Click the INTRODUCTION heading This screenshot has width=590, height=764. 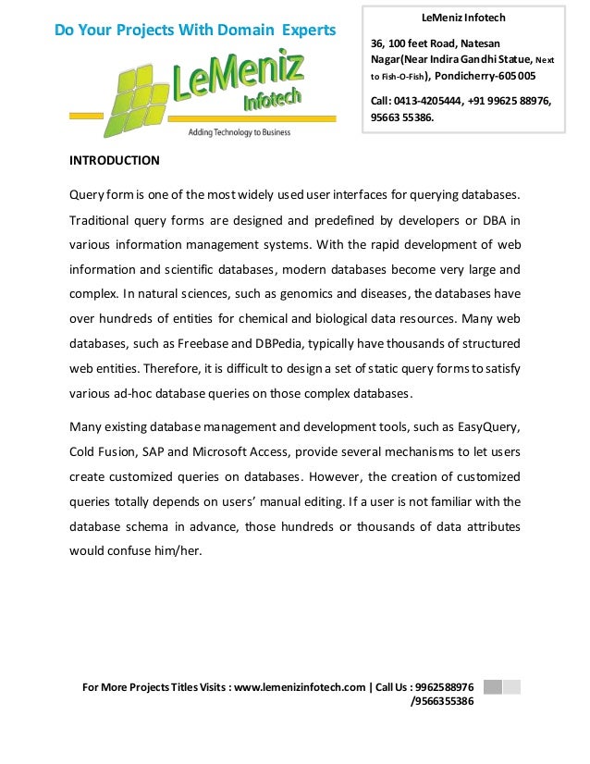pos(115,161)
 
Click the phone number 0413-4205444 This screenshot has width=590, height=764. pos(433,101)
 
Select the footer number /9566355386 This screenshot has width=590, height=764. pos(442,701)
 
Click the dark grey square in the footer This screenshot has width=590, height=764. pos(492,687)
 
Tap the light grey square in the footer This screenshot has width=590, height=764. pos(512,687)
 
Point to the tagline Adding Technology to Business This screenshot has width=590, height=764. pos(239,132)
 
